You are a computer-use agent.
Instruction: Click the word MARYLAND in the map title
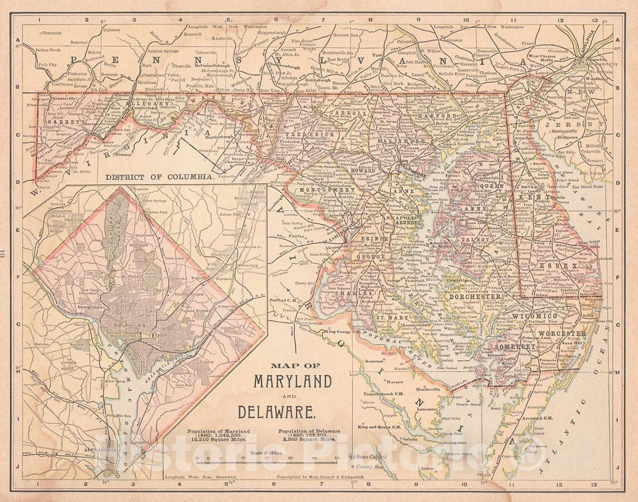point(292,382)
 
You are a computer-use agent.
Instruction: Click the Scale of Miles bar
point(266,458)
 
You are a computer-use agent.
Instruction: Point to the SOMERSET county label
point(513,347)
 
